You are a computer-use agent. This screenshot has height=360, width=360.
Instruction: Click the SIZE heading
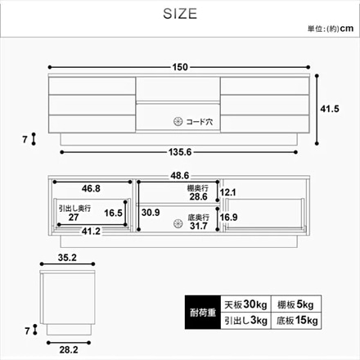point(180,16)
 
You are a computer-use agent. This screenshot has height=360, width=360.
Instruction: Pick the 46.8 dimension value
point(92,187)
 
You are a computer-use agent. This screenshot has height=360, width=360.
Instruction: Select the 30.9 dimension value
point(151,212)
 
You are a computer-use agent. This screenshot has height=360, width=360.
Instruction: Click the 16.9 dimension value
point(228,218)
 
